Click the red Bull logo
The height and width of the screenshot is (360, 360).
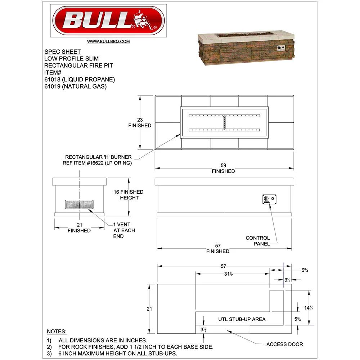point(108,21)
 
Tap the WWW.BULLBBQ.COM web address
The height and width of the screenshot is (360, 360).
point(108,41)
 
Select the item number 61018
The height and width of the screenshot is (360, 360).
point(52,80)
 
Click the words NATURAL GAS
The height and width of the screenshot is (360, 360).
point(84,86)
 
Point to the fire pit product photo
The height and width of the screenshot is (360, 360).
point(246,48)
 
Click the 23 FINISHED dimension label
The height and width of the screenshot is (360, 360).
point(140,123)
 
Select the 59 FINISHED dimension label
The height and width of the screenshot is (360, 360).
point(223,168)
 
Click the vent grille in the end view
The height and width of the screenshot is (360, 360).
point(80,204)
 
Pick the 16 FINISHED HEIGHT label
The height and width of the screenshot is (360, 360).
point(129,195)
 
